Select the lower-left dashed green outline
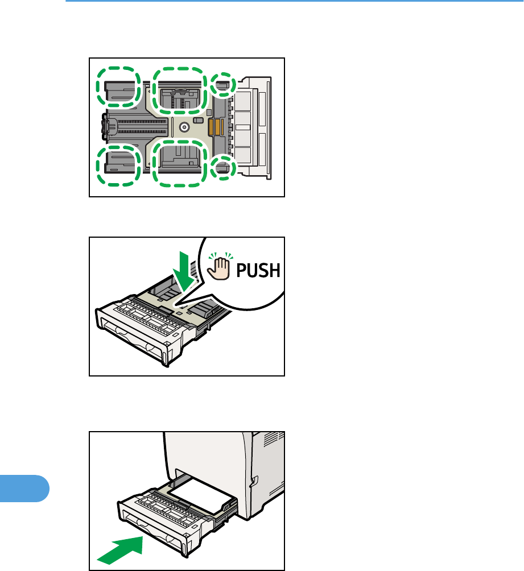[x=118, y=165]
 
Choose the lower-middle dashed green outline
[x=180, y=163]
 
